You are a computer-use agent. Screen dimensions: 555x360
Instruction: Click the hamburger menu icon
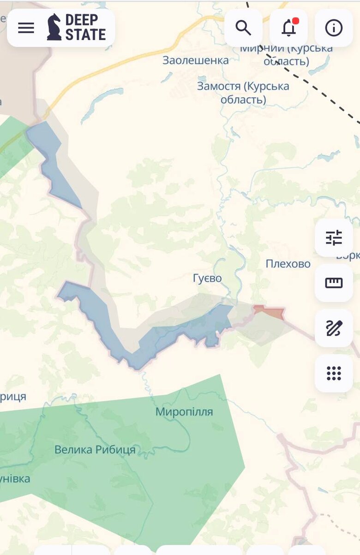click(26, 28)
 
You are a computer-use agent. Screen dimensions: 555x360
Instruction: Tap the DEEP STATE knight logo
click(54, 27)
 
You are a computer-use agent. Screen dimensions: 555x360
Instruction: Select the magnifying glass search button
click(243, 28)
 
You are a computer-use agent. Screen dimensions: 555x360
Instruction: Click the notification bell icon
click(289, 28)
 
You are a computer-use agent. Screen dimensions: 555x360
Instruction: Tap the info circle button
click(334, 28)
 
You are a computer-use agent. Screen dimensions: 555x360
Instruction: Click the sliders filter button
click(334, 238)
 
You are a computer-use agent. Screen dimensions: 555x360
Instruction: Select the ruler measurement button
click(334, 283)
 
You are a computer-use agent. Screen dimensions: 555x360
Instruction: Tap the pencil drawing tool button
click(334, 328)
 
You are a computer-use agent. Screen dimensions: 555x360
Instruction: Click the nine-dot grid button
click(334, 373)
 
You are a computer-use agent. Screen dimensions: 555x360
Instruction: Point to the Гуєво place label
click(207, 278)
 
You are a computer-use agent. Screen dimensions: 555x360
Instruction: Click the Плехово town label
click(288, 264)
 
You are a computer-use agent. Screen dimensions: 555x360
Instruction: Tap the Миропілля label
click(184, 412)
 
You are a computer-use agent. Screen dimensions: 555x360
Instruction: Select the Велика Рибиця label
click(95, 449)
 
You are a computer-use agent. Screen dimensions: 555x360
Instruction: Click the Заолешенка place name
click(195, 60)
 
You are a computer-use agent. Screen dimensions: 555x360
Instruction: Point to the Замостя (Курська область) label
click(243, 92)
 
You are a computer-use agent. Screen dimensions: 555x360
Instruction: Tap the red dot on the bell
click(296, 21)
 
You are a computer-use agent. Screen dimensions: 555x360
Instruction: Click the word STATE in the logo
click(85, 34)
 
